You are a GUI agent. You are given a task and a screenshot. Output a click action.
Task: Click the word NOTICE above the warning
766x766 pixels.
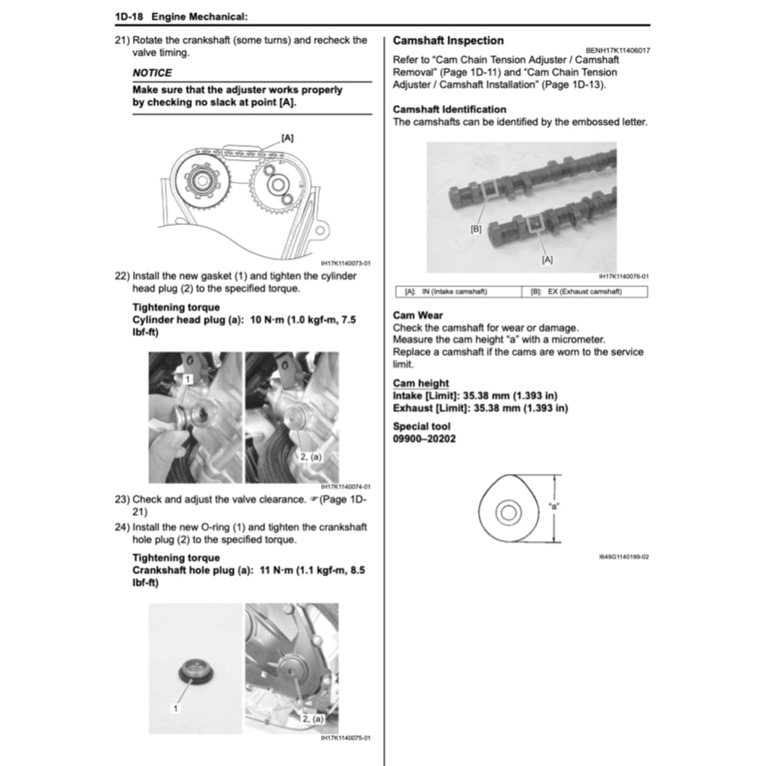coord(152,73)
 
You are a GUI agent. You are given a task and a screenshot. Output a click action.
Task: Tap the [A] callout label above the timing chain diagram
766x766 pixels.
coord(287,138)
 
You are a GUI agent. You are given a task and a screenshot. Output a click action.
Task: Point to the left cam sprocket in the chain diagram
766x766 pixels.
coord(202,182)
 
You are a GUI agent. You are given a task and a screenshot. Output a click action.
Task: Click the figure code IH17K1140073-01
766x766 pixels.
coord(346,263)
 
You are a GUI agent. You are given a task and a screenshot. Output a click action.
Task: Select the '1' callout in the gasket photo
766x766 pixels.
coord(186,380)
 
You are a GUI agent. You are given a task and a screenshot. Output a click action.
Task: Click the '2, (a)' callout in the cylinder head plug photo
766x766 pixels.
coord(310,456)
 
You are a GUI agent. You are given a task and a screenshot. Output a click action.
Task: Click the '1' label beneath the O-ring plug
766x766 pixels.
coord(176,707)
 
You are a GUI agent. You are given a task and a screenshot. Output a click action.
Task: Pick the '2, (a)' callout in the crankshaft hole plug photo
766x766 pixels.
coord(312,717)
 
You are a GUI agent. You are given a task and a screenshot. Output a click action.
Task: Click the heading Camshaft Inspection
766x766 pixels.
coord(448,40)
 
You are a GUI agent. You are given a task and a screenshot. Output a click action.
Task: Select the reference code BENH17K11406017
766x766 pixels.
coord(611,50)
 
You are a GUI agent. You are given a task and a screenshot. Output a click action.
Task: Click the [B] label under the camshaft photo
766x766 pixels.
coord(476,229)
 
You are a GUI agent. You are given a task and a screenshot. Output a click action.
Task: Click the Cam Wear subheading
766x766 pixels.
coord(417,315)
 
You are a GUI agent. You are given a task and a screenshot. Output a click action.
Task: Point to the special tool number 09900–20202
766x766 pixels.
coord(424,438)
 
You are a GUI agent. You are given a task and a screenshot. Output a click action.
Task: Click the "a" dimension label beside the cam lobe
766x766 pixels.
coord(554,506)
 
